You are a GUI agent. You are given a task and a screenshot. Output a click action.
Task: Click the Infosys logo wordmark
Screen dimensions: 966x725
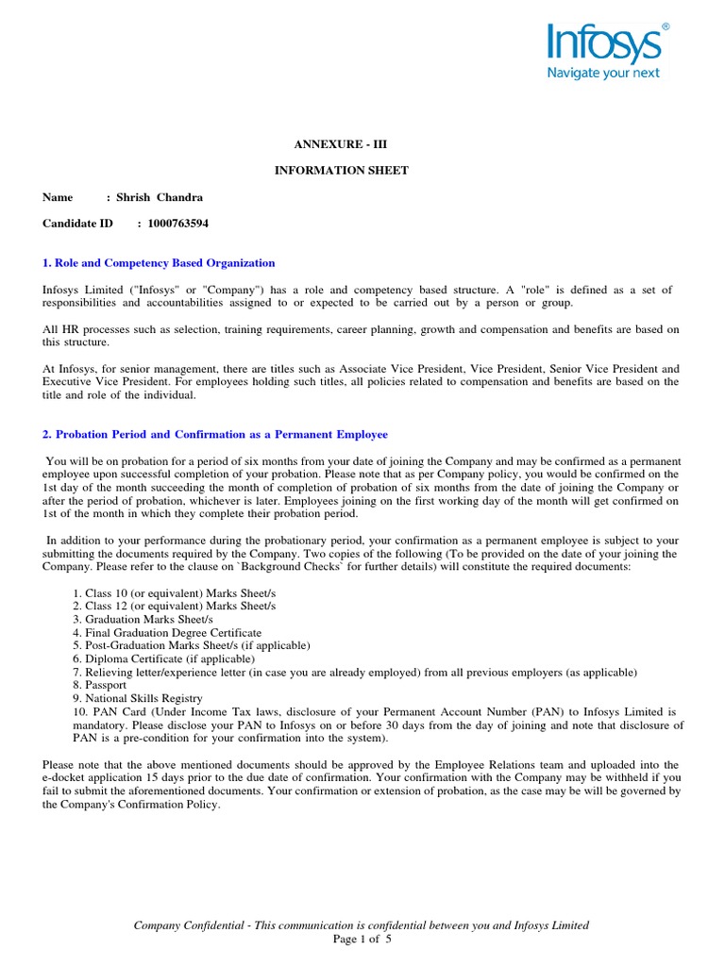[x=605, y=44]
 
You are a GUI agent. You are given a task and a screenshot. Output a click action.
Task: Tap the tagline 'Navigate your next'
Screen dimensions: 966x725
[x=604, y=73]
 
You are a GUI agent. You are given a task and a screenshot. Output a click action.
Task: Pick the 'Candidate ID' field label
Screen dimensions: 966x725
[x=77, y=224]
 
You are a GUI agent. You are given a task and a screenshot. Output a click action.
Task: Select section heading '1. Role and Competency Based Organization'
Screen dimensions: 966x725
[x=159, y=263]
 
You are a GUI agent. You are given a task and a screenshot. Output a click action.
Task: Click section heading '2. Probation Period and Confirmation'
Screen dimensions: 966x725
[x=215, y=435]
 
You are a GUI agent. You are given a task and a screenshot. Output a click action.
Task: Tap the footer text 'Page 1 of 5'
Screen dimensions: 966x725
[x=362, y=940]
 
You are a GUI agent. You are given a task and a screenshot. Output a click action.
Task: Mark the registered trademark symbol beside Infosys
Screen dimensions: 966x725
[x=666, y=28]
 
